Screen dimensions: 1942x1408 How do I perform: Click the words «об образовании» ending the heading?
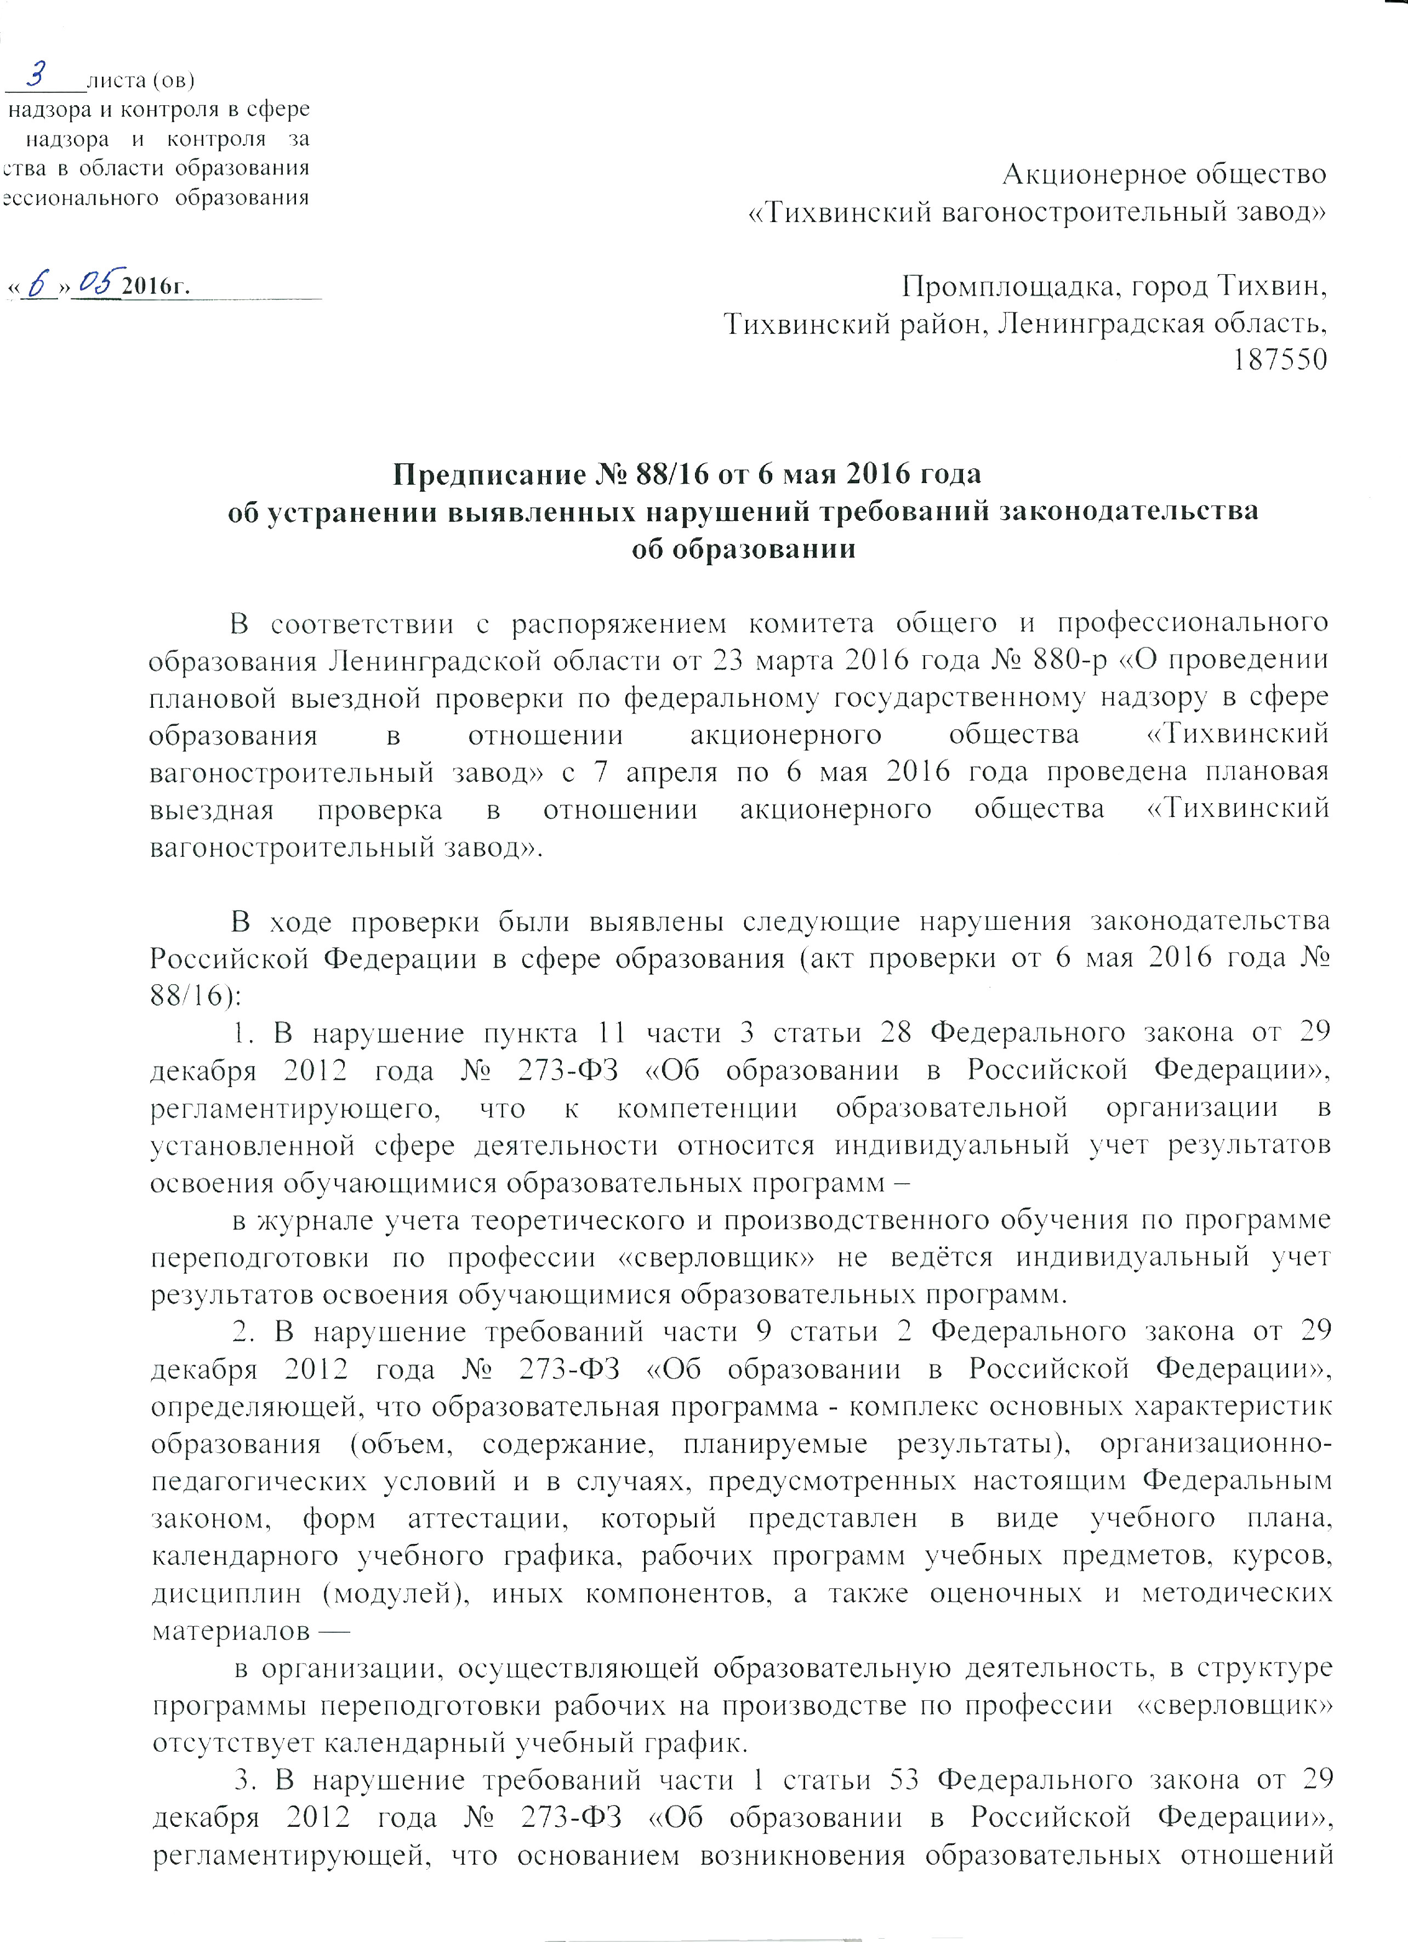(x=743, y=549)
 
